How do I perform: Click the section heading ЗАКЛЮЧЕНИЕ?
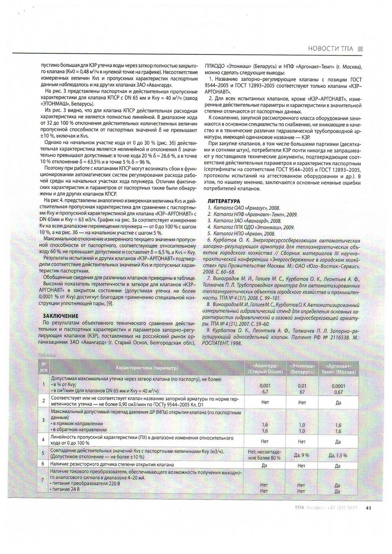tap(60, 316)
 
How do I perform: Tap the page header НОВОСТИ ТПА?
tap(330, 49)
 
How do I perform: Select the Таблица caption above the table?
tap(47, 355)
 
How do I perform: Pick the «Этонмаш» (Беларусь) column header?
tap(301, 368)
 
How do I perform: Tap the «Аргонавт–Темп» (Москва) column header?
tap(338, 368)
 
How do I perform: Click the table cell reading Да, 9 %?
tap(301, 455)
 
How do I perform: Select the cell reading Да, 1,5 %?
tap(338, 455)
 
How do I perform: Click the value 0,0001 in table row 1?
tap(338, 386)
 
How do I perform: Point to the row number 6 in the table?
tap(44, 463)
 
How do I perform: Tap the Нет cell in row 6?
tap(301, 465)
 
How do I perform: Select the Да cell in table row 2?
tap(338, 402)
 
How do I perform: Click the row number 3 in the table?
tap(44, 420)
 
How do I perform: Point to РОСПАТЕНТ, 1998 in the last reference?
tap(222, 343)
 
